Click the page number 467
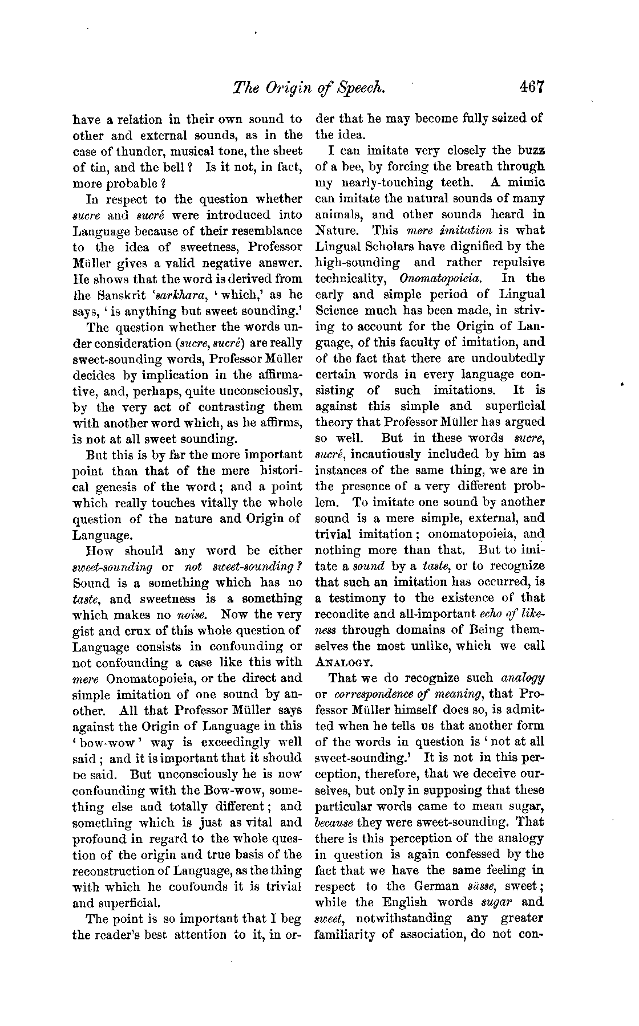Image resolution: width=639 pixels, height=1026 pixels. pos(533,87)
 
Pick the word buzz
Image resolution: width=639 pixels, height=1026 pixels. pos(531,150)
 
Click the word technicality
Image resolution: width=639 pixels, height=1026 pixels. pos(350,279)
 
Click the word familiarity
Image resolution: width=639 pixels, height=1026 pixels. pos(350,934)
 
